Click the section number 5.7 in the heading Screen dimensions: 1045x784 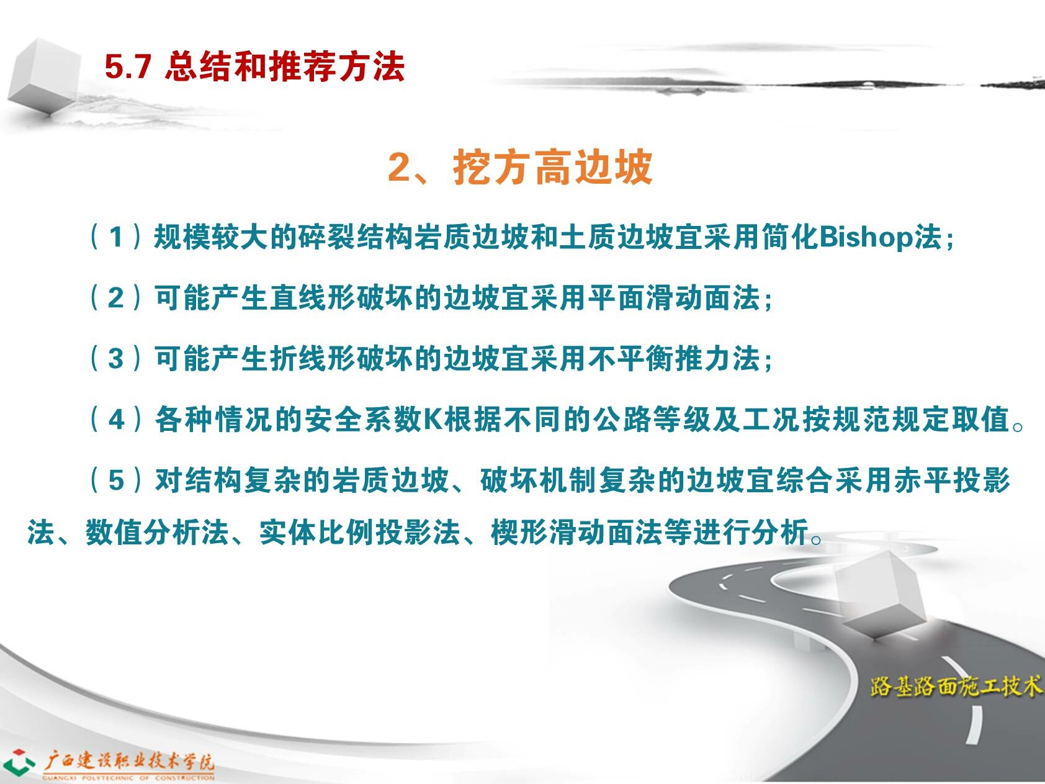[128, 66]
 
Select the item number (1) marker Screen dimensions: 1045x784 [116, 237]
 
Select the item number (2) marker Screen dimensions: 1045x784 [116, 298]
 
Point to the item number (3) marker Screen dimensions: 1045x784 [116, 358]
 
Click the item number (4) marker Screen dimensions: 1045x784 [116, 419]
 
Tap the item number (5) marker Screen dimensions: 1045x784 [116, 480]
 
